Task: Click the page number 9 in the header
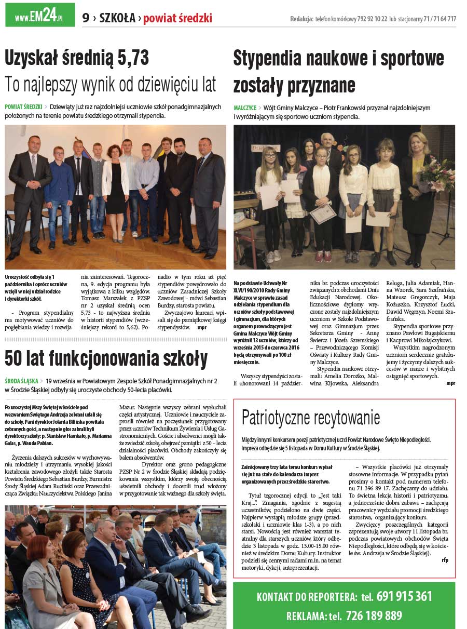coord(86,18)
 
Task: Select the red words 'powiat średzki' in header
coord(177,18)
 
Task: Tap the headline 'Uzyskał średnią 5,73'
coord(77,58)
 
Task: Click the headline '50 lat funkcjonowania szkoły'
coord(106,358)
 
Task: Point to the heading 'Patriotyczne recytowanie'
coord(311,417)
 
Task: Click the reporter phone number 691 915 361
coord(404,596)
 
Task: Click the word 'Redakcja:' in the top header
coord(301,19)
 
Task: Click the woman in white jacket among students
coord(115,187)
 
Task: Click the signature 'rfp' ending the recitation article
coord(445,560)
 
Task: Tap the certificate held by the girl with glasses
coord(323,213)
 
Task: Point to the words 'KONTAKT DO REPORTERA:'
coord(307,597)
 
